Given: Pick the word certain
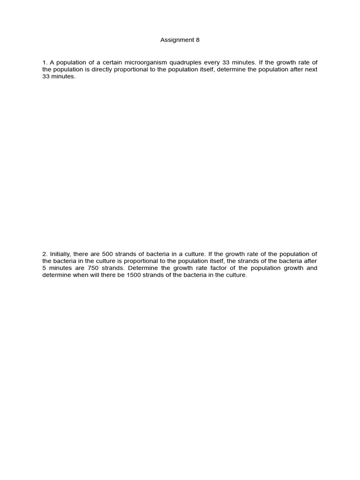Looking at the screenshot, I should pos(107,62).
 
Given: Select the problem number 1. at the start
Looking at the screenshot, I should pos(45,62).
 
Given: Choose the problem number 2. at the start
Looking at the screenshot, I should pos(45,254).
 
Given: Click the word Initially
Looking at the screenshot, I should pos(60,254).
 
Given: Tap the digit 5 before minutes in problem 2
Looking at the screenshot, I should pos(44,268).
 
